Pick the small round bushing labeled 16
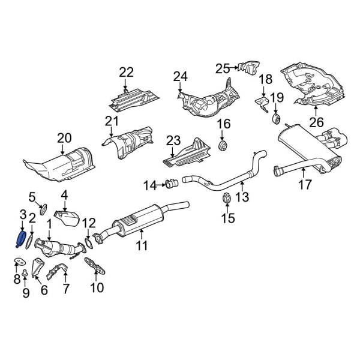[x=224, y=146]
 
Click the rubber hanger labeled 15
[x=227, y=199]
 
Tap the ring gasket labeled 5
[x=43, y=209]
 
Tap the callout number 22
[x=126, y=73]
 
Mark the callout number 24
[x=181, y=76]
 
